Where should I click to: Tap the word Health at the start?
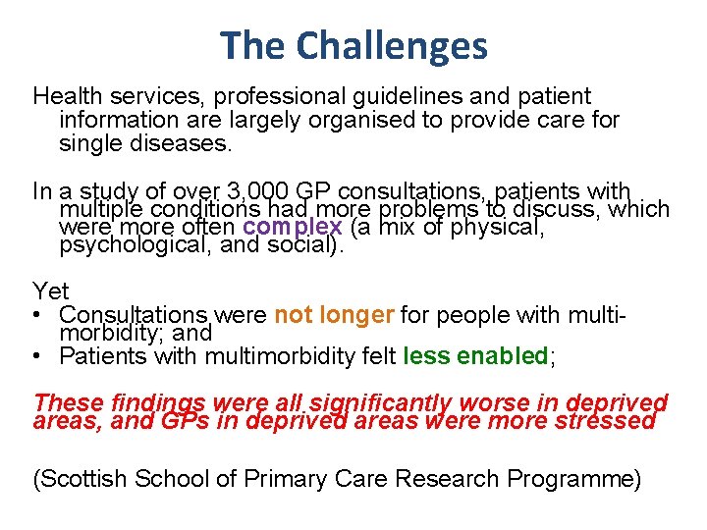tap(66, 97)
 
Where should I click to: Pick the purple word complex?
tap(293, 227)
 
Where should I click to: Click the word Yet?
tap(50, 291)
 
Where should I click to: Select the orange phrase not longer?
tap(334, 315)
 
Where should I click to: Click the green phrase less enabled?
tap(475, 356)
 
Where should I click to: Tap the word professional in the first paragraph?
tap(282, 97)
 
